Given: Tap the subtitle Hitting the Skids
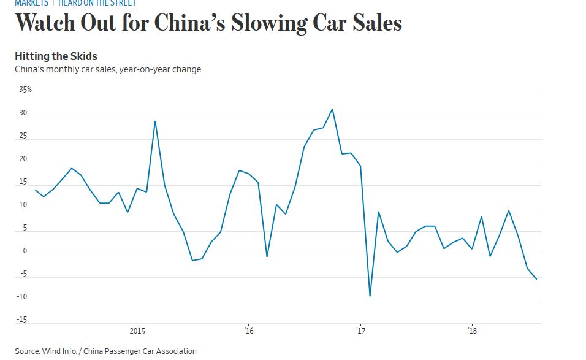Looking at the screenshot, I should [56, 56].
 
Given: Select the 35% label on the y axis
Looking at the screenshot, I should [25, 90].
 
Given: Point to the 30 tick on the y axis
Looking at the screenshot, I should [23, 113].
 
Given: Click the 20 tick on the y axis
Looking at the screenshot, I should [23, 159].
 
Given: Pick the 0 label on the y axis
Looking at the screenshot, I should [25, 251].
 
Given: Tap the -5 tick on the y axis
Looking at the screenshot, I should [23, 274].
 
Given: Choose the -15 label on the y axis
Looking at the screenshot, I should [22, 320].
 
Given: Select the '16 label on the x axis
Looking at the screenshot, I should [248, 331].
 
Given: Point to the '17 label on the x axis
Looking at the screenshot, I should [360, 331].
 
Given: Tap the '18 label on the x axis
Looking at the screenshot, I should [472, 331].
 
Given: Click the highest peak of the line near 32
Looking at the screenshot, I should [332, 109].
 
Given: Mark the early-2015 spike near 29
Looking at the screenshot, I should [154, 121].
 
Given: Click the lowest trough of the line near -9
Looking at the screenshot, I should [370, 296].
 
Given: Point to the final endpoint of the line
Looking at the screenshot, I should [537, 279].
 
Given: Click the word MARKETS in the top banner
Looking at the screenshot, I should [31, 3].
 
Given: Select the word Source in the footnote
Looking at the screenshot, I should [27, 351].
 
